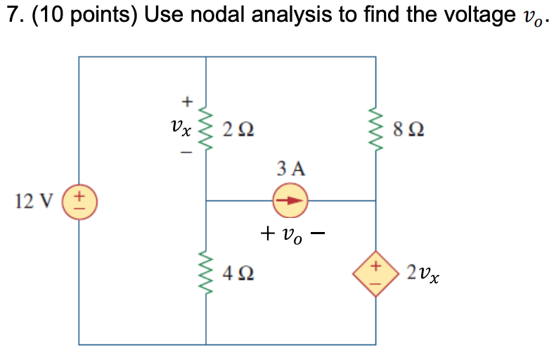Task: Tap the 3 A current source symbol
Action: [290, 200]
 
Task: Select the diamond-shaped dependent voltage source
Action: [375, 273]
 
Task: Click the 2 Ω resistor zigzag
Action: [206, 129]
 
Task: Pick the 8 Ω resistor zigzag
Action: [375, 129]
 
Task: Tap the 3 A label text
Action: [291, 169]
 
